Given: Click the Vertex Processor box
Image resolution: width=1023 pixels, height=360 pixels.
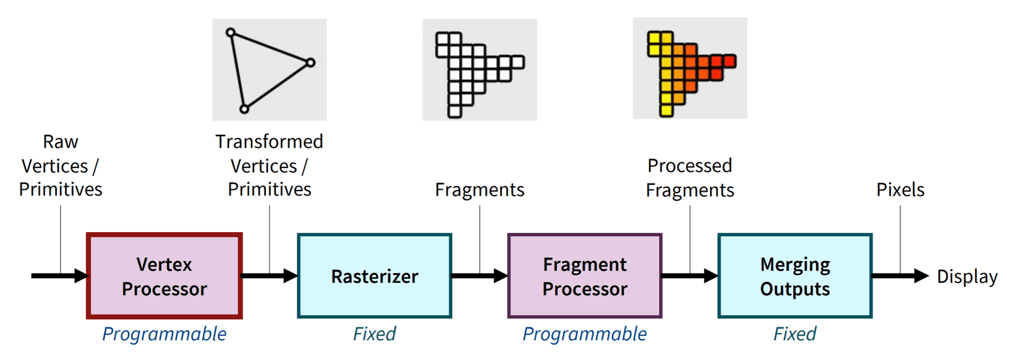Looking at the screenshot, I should (x=164, y=276).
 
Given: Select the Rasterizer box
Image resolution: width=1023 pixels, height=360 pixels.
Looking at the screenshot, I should (x=375, y=276).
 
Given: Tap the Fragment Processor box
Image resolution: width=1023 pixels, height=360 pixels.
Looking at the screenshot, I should (x=584, y=276).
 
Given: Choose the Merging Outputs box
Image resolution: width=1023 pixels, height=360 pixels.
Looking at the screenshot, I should (x=795, y=276).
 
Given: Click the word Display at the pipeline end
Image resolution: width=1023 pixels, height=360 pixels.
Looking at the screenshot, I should (x=967, y=277).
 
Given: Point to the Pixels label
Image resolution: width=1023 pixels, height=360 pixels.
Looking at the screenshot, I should (x=900, y=190).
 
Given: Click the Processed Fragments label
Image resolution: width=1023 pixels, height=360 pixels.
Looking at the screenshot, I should (x=690, y=178).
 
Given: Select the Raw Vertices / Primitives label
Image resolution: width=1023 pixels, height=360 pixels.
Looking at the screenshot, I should (x=60, y=166).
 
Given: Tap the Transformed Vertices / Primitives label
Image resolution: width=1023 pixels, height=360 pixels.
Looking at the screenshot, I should (x=269, y=166).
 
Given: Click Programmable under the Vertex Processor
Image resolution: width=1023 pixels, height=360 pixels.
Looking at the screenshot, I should (x=164, y=334).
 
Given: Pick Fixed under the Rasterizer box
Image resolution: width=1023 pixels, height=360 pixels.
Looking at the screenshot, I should (x=375, y=334).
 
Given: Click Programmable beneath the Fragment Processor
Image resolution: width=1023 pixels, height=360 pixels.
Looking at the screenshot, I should (x=584, y=334).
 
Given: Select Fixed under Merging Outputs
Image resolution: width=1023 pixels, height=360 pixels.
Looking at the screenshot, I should (x=795, y=334).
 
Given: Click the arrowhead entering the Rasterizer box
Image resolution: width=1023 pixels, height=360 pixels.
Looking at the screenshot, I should (x=291, y=276).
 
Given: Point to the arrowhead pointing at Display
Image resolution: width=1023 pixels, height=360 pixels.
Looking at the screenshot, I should (x=921, y=276).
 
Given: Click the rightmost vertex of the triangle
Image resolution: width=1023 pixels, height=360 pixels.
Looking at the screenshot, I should (x=310, y=63).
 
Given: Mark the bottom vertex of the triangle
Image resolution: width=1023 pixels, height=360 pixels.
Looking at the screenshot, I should (x=244, y=109).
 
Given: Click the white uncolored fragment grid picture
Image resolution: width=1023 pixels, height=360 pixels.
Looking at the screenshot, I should (x=480, y=70).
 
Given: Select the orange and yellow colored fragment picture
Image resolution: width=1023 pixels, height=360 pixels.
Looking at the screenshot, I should (x=690, y=68).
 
